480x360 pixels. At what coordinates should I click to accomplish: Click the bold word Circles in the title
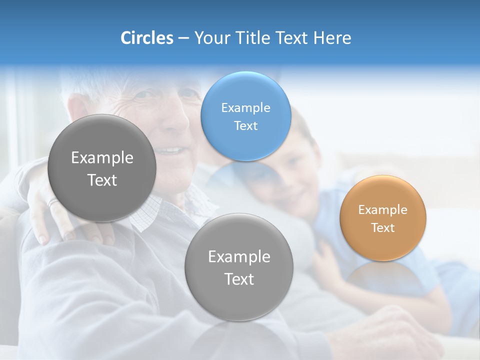(147, 38)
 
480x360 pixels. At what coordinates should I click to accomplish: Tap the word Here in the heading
(332, 38)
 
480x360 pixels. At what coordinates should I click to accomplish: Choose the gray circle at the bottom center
(239, 295)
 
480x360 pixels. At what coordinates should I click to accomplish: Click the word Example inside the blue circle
(245, 107)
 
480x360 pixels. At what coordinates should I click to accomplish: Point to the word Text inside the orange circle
(383, 228)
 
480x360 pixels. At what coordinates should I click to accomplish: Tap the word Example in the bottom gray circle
(239, 256)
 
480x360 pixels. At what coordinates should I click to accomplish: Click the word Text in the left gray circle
(102, 180)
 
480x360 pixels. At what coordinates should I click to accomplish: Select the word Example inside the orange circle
(383, 210)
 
